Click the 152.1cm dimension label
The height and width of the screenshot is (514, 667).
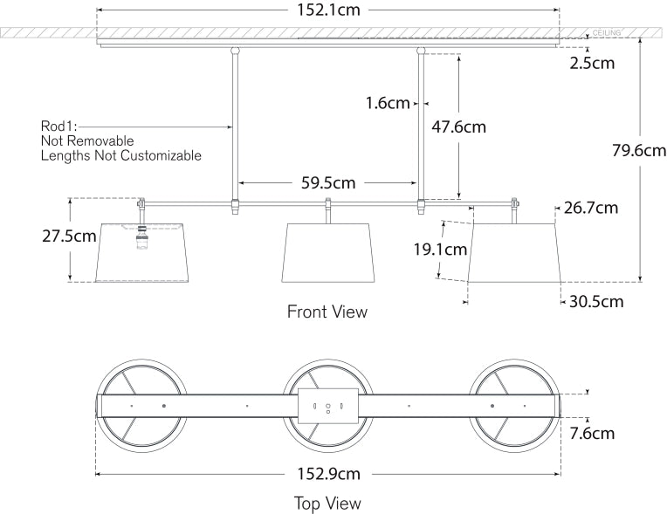click(x=327, y=10)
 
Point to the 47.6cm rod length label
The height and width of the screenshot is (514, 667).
click(x=458, y=127)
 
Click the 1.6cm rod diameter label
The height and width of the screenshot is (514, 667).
click(x=388, y=104)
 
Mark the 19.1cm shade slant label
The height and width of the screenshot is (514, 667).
click(x=440, y=250)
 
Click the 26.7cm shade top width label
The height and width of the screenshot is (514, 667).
click(x=591, y=208)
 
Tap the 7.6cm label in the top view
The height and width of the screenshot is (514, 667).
click(x=593, y=433)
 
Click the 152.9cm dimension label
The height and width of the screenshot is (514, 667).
click(x=327, y=474)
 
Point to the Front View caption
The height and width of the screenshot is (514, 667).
click(x=327, y=312)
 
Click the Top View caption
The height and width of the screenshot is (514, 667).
click(x=327, y=503)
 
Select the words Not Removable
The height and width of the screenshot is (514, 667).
click(x=87, y=140)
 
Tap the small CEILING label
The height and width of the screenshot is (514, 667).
click(x=606, y=33)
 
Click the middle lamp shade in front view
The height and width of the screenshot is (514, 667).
click(x=327, y=253)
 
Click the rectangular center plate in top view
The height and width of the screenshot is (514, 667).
click(x=327, y=407)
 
